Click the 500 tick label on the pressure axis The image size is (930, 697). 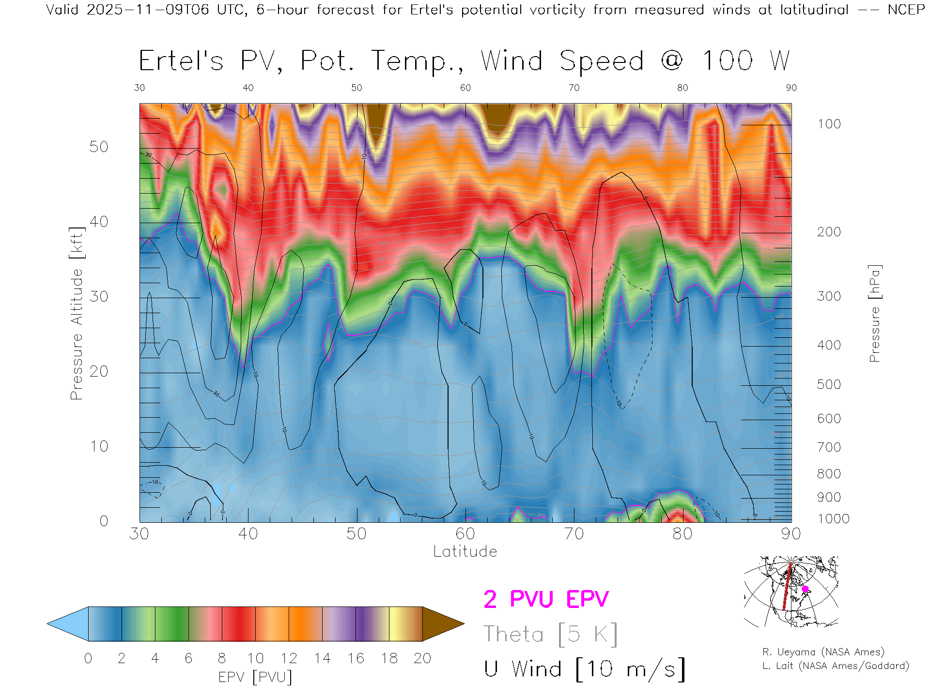(829, 384)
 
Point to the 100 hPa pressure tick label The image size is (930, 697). (829, 124)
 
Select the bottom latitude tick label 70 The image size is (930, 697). (573, 534)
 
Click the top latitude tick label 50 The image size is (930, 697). (356, 88)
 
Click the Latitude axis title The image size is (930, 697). (465, 551)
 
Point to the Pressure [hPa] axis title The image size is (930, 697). (874, 313)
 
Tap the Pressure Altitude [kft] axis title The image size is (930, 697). (77, 313)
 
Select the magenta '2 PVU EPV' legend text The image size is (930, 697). (546, 599)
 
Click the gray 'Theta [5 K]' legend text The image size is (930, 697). (550, 634)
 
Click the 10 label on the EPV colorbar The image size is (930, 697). (255, 658)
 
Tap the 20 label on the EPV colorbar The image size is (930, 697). (422, 658)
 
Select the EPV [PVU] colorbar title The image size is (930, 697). (255, 677)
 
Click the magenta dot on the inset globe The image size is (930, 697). (805, 589)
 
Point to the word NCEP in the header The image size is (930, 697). (906, 10)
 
